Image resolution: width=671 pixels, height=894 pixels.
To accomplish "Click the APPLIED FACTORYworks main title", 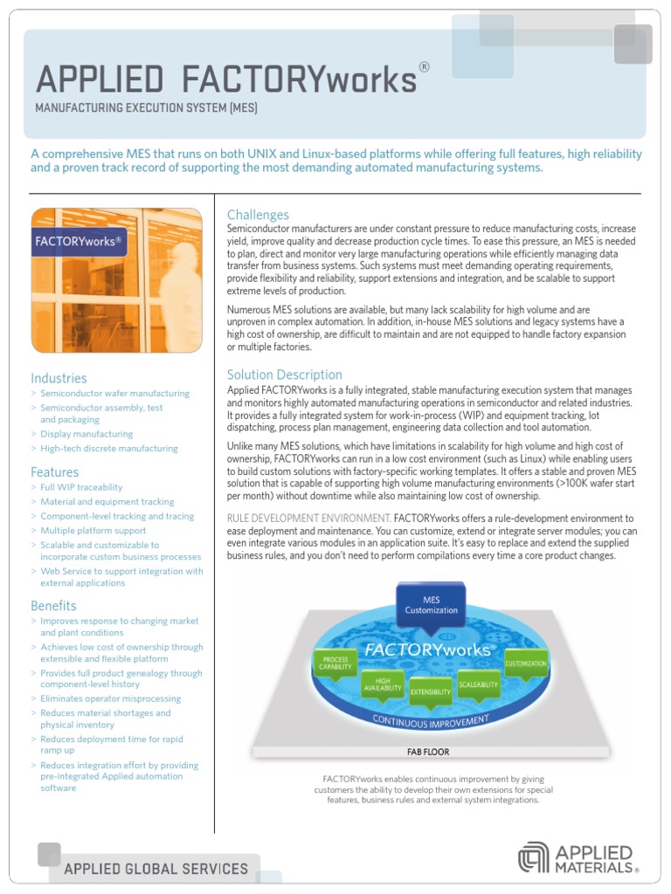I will tap(225, 79).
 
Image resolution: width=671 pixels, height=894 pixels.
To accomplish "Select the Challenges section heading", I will tap(258, 215).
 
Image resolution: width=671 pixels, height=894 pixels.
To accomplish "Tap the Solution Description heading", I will tap(285, 375).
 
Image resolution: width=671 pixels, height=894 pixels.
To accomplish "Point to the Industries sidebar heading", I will tap(59, 378).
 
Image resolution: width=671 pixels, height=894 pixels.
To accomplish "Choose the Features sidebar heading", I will tap(54, 472).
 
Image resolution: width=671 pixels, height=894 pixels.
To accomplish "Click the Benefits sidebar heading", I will tap(53, 606).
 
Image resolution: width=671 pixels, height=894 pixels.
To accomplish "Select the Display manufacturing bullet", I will tap(86, 434).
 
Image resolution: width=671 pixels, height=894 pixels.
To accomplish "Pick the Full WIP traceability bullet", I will tap(81, 487).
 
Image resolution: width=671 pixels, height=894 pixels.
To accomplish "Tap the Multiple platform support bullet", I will tap(93, 531).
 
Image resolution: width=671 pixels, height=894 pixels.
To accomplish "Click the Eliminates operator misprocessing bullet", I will tap(111, 698).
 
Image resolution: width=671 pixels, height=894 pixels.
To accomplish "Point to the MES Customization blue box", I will tap(431, 605).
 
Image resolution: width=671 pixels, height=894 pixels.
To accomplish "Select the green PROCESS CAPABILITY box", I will tap(335, 664).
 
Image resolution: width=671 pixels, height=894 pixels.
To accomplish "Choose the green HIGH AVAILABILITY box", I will tap(383, 685).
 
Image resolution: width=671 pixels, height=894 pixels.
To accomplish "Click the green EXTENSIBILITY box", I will tap(431, 692).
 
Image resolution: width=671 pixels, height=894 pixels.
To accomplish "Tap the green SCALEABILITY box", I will tap(478, 684).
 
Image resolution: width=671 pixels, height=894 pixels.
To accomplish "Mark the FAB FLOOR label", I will tap(428, 752).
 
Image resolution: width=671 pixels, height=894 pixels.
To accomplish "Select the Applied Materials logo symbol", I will tap(534, 857).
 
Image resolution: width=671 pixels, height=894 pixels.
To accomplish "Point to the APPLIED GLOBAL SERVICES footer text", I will tap(156, 869).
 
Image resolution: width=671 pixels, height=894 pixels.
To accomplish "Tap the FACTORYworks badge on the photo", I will tap(79, 241).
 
